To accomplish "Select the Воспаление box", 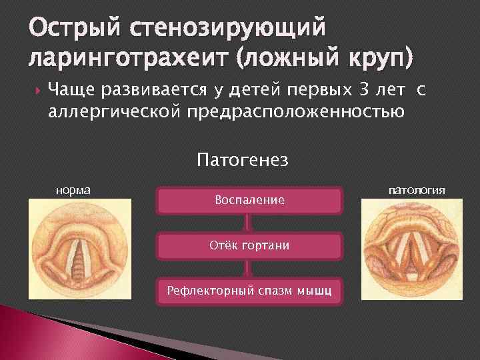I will (x=249, y=200).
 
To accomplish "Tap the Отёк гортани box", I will (x=250, y=245).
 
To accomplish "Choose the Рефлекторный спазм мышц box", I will (x=250, y=291).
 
